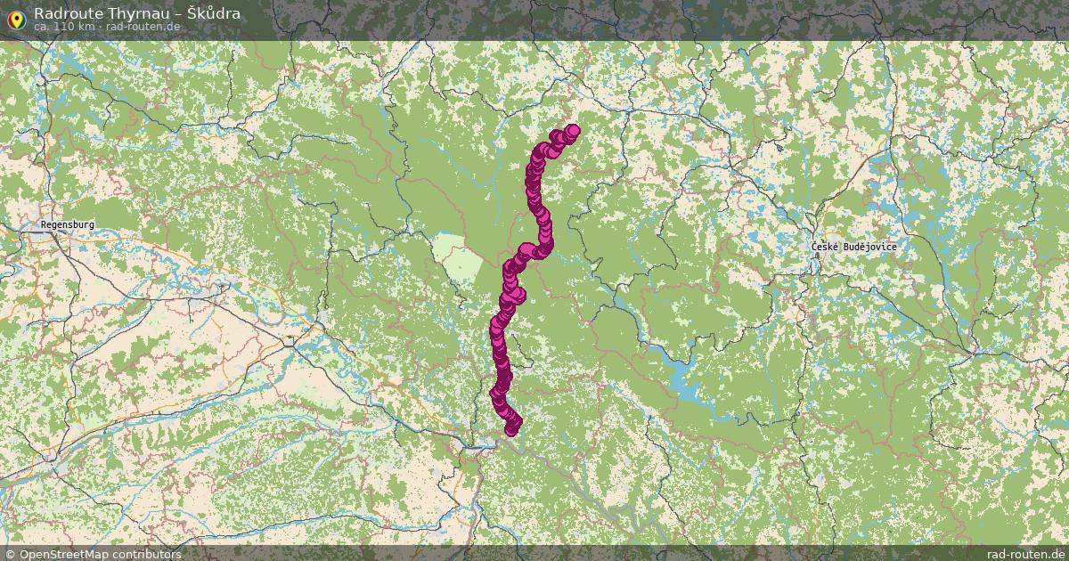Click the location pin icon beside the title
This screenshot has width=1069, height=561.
click(15, 17)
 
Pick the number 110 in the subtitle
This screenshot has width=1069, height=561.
click(63, 27)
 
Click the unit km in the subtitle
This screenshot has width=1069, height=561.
click(85, 27)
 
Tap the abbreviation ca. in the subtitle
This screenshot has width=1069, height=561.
click(42, 27)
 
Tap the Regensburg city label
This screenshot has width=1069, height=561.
click(67, 225)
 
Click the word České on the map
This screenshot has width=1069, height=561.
click(826, 247)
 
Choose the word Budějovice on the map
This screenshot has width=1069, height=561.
click(870, 247)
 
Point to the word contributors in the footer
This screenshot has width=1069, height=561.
click(148, 554)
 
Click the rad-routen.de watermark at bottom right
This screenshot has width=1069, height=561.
click(1025, 554)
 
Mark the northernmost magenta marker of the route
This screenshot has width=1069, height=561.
click(572, 131)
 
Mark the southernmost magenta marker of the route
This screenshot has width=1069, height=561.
click(511, 430)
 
